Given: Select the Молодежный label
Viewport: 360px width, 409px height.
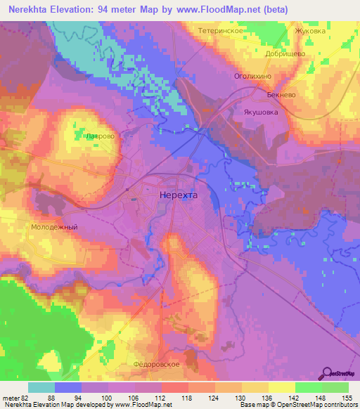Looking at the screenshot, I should coord(53,228).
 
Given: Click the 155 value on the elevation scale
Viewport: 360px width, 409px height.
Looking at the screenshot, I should coord(347,397).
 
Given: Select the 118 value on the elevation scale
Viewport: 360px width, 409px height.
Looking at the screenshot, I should coord(187,397).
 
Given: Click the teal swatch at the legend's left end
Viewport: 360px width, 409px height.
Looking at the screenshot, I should coord(41,387).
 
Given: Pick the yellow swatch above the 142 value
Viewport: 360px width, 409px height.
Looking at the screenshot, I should coord(281,387).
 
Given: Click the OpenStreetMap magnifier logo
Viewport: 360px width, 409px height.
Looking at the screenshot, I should coord(327,372).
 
